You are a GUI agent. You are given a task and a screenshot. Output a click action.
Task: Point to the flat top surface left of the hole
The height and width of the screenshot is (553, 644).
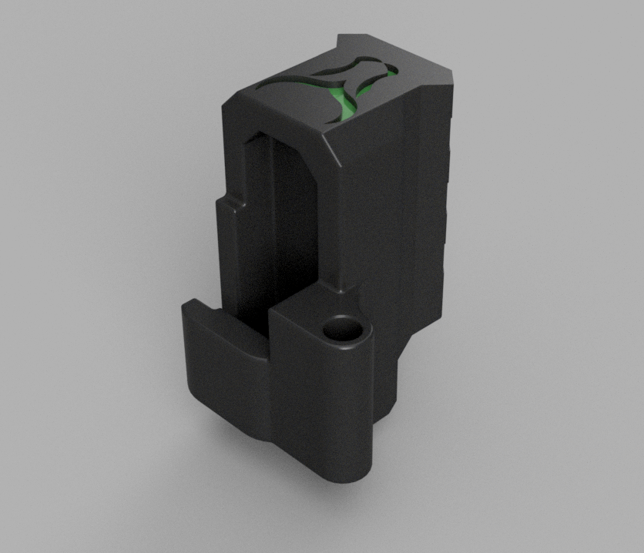coord(297,316)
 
